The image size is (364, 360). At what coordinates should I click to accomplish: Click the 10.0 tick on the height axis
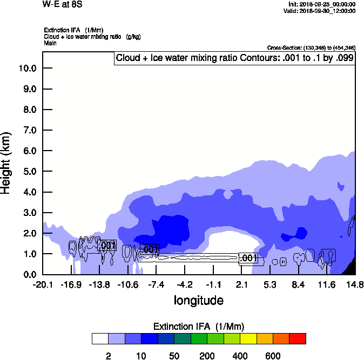[x=27, y=68]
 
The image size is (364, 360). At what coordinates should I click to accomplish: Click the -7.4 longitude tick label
[x=156, y=284]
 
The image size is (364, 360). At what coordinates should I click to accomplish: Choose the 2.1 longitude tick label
[x=241, y=284]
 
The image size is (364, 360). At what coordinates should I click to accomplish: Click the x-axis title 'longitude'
[x=198, y=300]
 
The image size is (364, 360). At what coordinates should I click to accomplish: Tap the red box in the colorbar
[x=297, y=338]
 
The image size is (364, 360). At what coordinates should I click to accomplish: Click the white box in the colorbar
[x=100, y=338]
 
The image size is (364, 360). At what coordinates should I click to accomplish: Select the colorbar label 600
[x=272, y=356]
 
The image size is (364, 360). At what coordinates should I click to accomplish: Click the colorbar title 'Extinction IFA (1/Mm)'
[x=199, y=326]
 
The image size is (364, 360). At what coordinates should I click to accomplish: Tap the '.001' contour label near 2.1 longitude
[x=248, y=258]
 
